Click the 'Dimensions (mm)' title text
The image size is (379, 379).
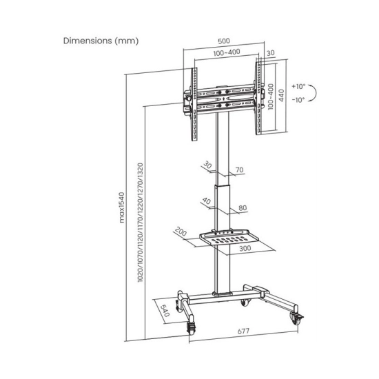[101, 41]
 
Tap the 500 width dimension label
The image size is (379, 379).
[224, 41]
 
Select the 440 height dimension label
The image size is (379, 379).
[282, 96]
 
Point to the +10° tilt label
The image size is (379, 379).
[298, 86]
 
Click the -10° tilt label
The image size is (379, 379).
[298, 100]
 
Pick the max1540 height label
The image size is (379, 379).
[122, 207]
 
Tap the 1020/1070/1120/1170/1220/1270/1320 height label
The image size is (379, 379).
[141, 223]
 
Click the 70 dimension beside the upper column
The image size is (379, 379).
[239, 170]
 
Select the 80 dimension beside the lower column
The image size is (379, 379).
[243, 208]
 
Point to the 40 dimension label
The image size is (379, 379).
[207, 201]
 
